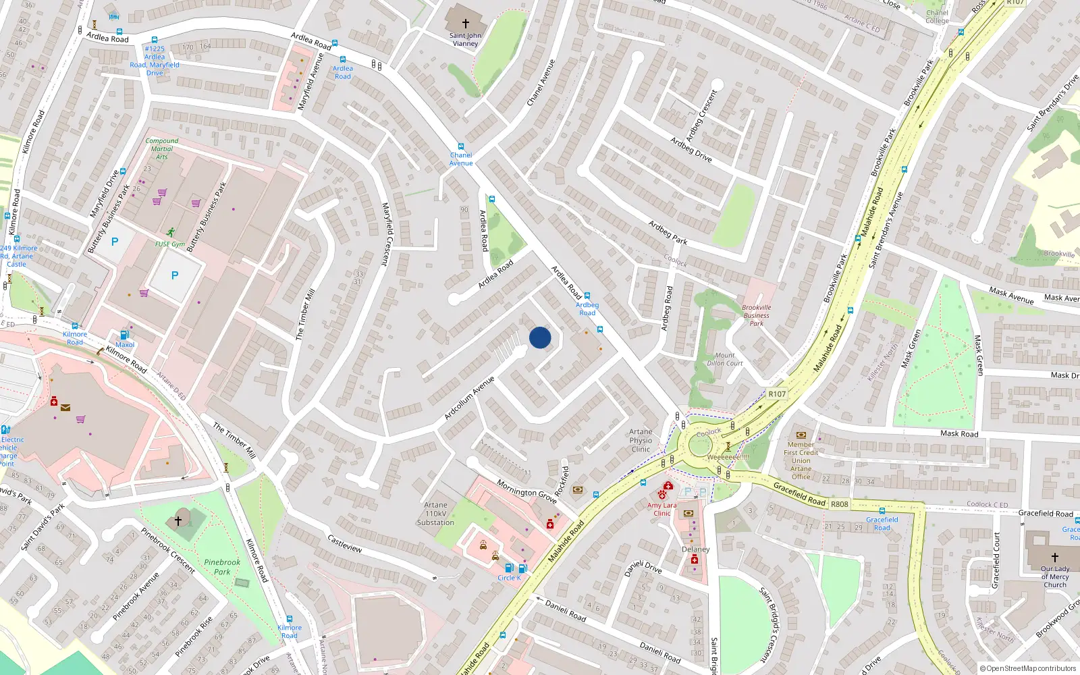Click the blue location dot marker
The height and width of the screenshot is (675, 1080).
(x=540, y=337)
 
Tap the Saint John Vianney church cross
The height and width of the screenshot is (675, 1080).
(x=465, y=24)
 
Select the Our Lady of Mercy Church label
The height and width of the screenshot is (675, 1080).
(x=1054, y=576)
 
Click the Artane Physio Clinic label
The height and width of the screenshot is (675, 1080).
(x=641, y=440)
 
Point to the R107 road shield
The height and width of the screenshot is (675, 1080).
(x=777, y=394)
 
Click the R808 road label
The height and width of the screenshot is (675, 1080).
(x=840, y=504)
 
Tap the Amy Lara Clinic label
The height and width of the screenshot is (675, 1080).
(x=661, y=509)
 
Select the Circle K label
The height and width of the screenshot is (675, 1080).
(x=509, y=578)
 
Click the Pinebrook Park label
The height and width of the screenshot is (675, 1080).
(x=222, y=567)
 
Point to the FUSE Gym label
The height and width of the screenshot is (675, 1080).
(x=169, y=244)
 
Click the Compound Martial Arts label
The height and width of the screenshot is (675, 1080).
(x=162, y=148)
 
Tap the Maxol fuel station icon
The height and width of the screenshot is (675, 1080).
(x=124, y=335)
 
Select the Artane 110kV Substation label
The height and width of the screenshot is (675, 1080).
(x=435, y=514)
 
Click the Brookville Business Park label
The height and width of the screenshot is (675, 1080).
(x=756, y=315)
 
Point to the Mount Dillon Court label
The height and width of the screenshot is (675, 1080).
(x=725, y=359)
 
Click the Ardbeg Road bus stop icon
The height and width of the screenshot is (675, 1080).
(x=587, y=296)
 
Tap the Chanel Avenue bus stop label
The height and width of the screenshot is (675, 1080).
(x=461, y=159)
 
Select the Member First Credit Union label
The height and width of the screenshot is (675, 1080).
(x=801, y=460)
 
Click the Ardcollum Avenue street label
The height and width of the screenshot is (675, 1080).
(x=469, y=398)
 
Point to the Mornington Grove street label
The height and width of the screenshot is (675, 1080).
(x=526, y=491)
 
